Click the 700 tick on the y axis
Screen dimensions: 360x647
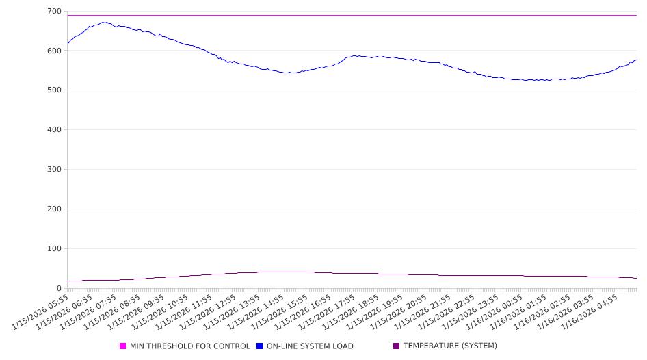pos(53,12)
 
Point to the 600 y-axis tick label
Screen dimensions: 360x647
pos(53,51)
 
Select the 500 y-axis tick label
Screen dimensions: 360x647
pos(53,90)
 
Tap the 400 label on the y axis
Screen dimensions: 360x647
pos(53,130)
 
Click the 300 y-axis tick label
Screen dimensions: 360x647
pos(53,170)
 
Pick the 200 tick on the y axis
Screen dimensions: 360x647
pos(53,209)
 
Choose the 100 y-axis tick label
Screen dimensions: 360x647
pos(53,249)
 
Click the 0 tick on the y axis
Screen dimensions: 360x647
pos(58,289)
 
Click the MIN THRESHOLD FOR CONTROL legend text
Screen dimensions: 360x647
pos(189,346)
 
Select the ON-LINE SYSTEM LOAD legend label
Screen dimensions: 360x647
pos(310,346)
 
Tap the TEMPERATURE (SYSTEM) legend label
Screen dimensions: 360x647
pos(450,346)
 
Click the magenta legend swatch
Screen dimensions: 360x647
pos(123,346)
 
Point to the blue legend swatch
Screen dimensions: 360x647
pos(260,346)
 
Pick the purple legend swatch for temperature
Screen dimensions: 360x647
pos(397,346)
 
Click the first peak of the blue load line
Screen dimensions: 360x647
pos(104,22)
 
